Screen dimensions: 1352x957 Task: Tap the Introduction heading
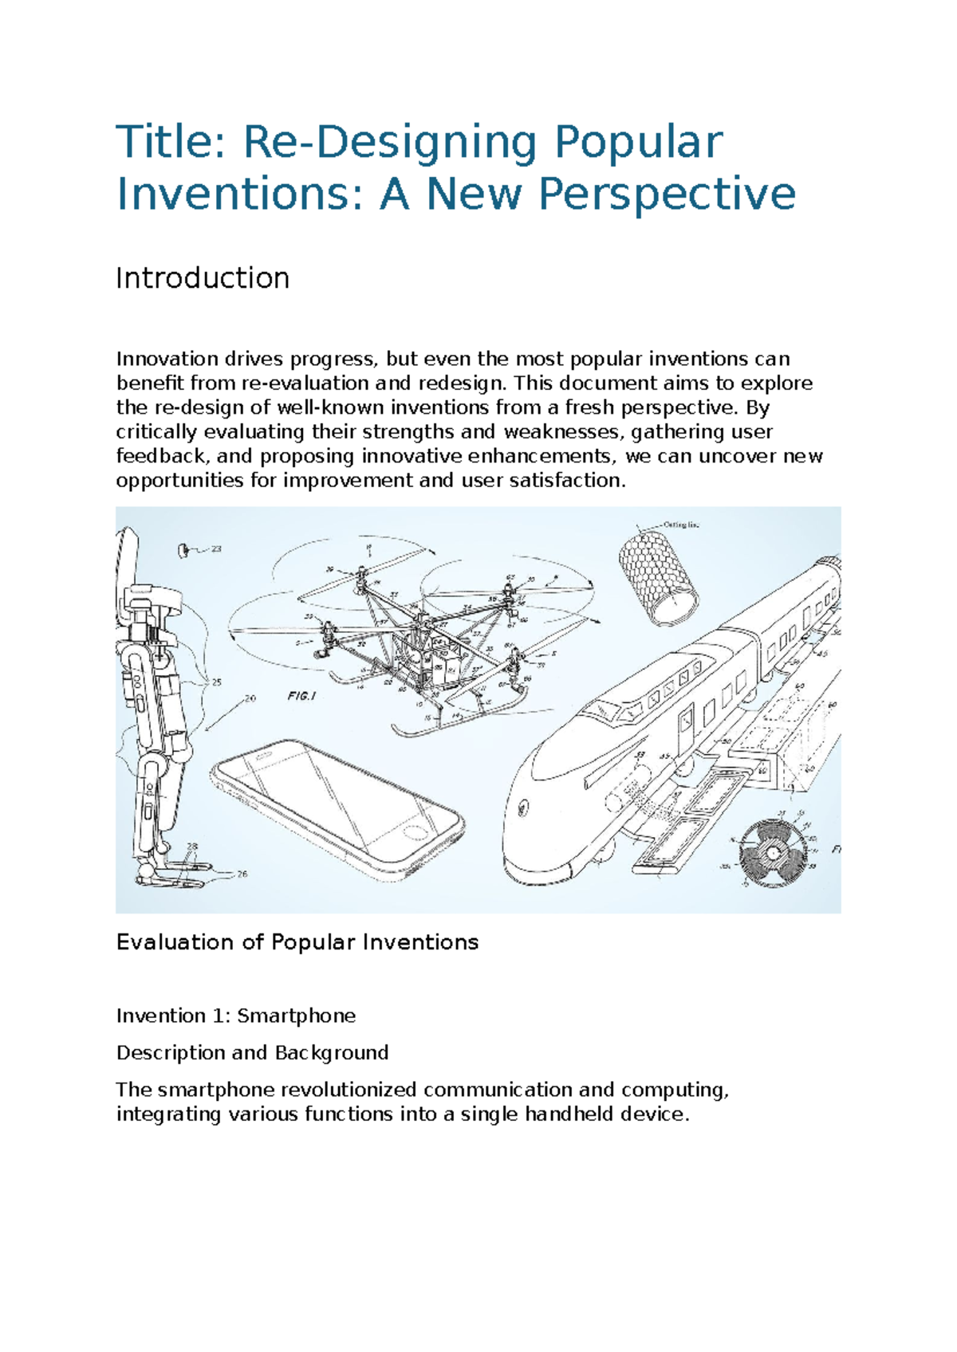[203, 278]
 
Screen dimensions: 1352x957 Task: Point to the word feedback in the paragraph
[157, 457]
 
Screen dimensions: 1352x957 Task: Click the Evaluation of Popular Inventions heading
[297, 942]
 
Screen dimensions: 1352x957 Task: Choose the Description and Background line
[252, 1053]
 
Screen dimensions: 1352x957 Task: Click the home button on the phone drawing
[415, 832]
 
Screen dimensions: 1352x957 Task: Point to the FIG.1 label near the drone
[302, 695]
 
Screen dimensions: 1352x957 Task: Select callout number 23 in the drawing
[216, 549]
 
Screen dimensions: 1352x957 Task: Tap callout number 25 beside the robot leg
[215, 682]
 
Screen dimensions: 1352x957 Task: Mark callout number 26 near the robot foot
[242, 874]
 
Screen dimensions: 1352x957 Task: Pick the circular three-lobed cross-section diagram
[773, 853]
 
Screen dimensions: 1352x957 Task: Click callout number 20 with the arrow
[250, 698]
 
